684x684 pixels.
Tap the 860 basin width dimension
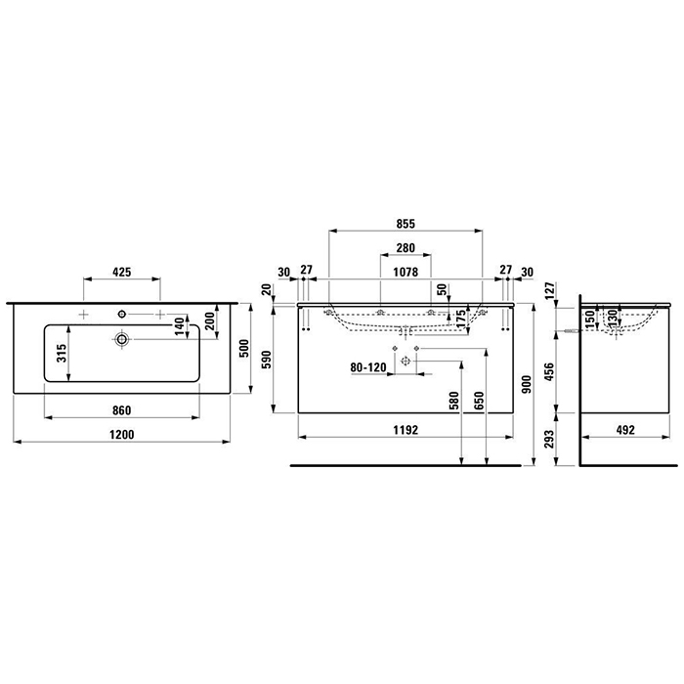[x=122, y=409]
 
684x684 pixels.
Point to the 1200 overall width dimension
[x=122, y=434]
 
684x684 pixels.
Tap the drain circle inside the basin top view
[x=122, y=339]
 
